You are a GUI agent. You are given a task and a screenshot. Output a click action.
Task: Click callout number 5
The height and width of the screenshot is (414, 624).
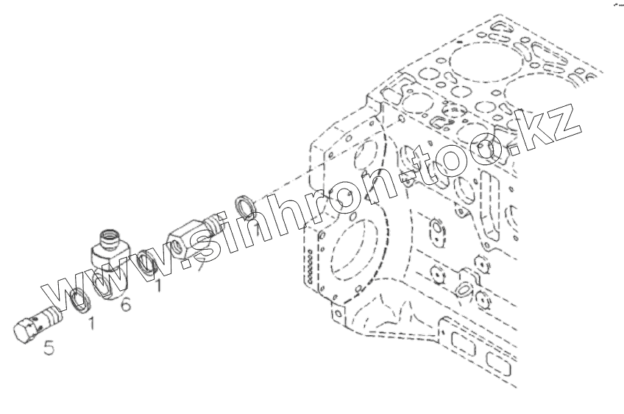(49, 347)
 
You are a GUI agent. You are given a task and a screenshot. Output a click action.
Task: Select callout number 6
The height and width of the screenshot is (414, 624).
(125, 304)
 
